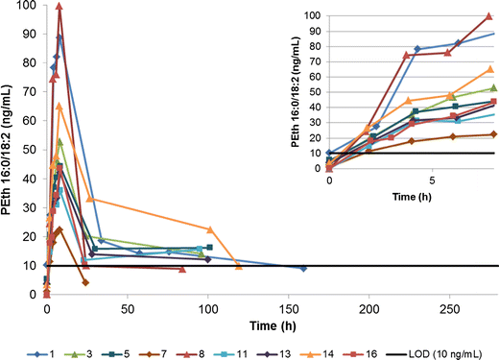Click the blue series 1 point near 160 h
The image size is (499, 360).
click(x=303, y=269)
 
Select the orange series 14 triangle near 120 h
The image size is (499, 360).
click(x=239, y=266)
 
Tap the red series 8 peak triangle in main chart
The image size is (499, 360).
click(x=59, y=7)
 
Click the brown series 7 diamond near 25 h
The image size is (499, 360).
click(x=85, y=282)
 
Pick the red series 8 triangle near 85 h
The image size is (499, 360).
click(x=182, y=269)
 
